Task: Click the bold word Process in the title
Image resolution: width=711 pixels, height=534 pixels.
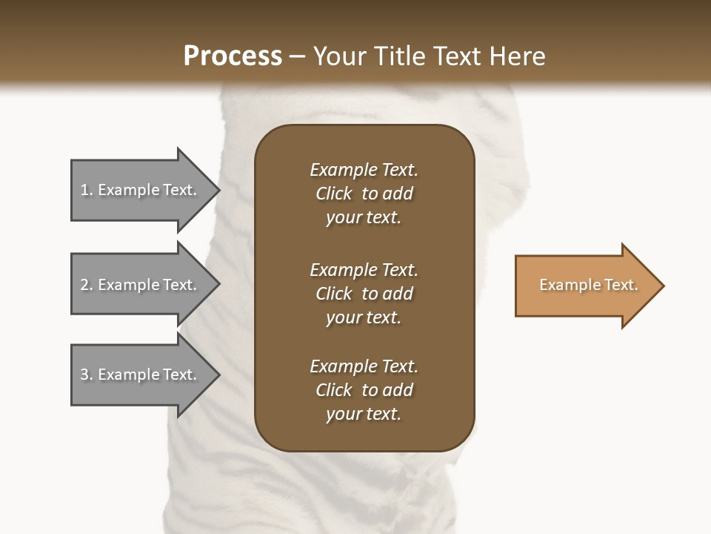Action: [233, 56]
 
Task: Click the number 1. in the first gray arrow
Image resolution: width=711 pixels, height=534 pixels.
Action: [86, 190]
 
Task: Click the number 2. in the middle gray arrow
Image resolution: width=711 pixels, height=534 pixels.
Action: [86, 285]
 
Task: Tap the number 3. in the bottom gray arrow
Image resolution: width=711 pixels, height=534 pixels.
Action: [86, 375]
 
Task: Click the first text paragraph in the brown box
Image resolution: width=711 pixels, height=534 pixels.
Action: [364, 194]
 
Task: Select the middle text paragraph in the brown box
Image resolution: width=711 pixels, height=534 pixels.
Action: [364, 294]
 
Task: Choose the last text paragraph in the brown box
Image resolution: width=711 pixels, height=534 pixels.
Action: [364, 390]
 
